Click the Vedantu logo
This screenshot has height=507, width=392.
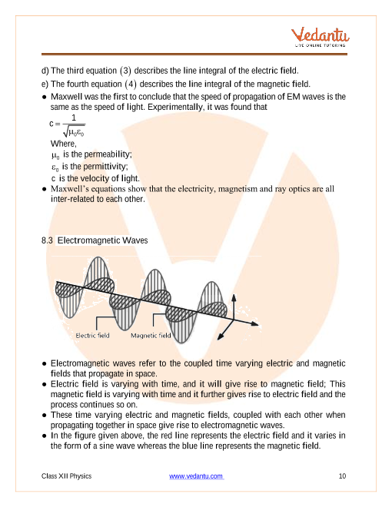(x=321, y=37)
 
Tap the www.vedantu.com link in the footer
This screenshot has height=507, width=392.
(x=196, y=476)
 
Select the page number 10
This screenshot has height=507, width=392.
(x=342, y=476)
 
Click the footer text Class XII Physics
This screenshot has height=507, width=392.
(x=66, y=476)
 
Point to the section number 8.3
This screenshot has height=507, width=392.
(x=47, y=240)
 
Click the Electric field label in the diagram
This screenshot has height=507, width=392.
(x=92, y=335)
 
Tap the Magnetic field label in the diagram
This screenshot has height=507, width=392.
(x=151, y=335)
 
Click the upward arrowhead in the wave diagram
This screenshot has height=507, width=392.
(x=233, y=298)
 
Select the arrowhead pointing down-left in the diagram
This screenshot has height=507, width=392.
(x=221, y=336)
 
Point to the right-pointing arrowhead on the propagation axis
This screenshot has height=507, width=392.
(x=255, y=323)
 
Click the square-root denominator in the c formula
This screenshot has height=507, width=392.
(x=74, y=131)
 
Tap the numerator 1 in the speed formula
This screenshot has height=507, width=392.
(x=74, y=118)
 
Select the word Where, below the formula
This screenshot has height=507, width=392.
(x=63, y=144)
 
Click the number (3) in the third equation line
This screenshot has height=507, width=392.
(x=125, y=71)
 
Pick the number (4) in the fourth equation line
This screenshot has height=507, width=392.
(x=131, y=84)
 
